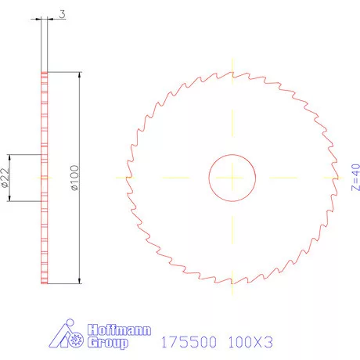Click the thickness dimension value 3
click(x=61, y=14)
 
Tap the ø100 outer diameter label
click(x=75, y=178)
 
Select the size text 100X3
click(x=250, y=341)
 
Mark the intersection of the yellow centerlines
click(x=232, y=178)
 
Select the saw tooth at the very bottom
click(x=232, y=282)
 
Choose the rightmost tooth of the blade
click(x=337, y=177)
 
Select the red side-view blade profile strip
click(x=45, y=178)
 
